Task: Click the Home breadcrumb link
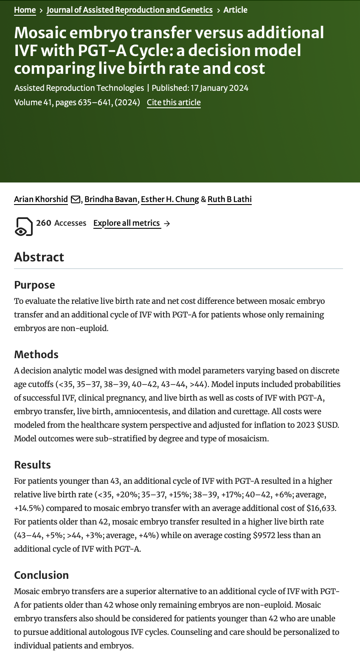25,10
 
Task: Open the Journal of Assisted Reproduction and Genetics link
129,10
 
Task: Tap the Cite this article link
174,102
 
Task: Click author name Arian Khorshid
41,199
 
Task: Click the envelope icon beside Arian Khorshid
76,199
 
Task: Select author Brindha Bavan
111,199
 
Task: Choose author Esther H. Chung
170,199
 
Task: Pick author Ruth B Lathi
230,199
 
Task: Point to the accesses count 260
43,223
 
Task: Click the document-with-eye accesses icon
23,226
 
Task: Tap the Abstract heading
39,257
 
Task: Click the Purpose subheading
34,285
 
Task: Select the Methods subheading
36,354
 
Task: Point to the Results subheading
32,465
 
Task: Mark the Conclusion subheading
41,575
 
